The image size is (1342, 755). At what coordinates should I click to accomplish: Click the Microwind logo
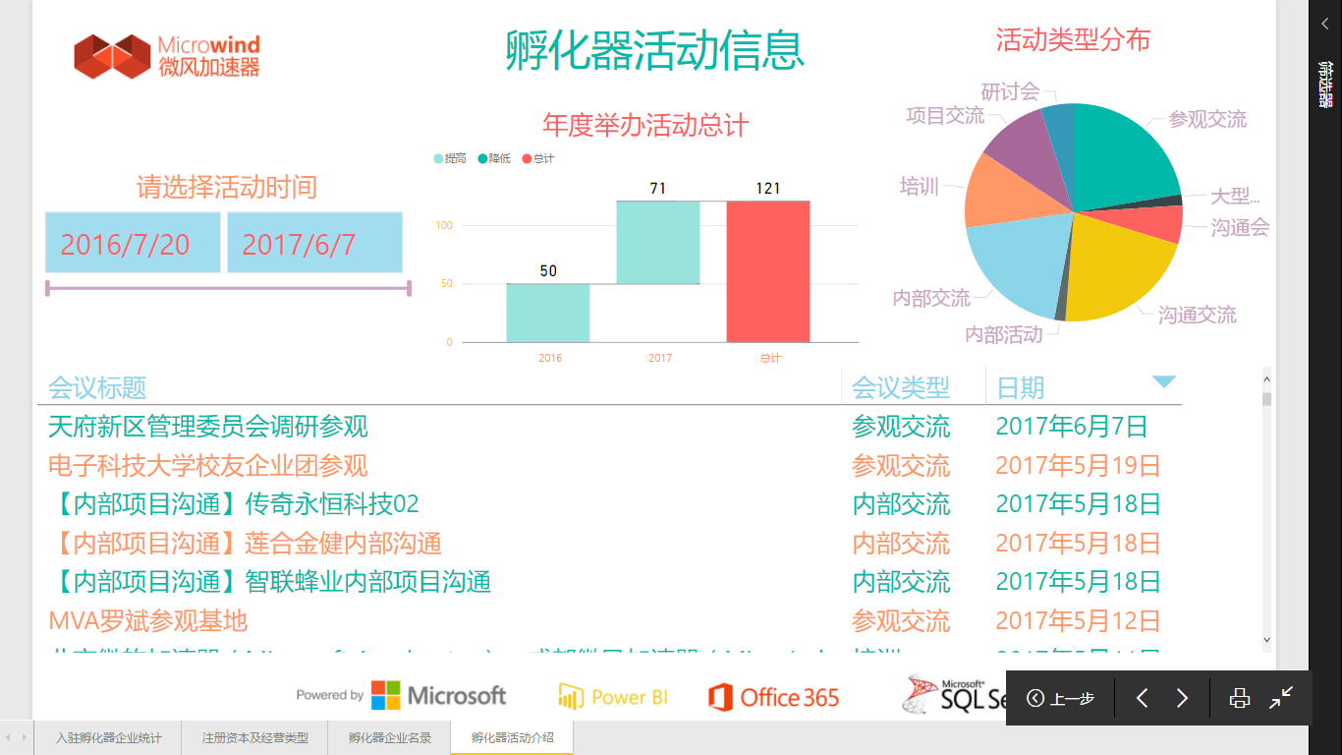coord(167,56)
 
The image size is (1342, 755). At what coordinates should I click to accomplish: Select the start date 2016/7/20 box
coord(133,243)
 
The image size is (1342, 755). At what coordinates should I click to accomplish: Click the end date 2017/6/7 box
coord(314,243)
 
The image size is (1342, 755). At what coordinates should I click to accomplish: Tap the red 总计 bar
coord(768,271)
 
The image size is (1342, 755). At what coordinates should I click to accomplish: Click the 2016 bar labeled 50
coord(548,313)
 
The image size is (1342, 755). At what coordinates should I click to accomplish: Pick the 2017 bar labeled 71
coord(658,242)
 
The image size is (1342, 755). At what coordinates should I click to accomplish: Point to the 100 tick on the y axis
coord(444,226)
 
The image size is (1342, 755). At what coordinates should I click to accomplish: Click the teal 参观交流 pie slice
coord(1125,152)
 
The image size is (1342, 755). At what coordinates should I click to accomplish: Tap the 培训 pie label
coord(920,187)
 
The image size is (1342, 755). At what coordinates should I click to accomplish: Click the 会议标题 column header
coord(97,387)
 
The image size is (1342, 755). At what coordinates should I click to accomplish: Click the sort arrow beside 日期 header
coord(1164,382)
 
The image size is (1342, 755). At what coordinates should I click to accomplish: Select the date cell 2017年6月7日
coord(1072,427)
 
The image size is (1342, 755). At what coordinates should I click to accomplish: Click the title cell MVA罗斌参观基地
coord(148,621)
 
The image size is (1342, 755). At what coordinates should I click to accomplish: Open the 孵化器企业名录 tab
coord(390,737)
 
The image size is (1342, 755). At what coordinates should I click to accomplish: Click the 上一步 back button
coord(1061,698)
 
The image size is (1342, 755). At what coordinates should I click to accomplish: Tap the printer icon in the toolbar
coord(1240,698)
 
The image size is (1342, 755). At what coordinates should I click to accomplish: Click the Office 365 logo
coord(774,697)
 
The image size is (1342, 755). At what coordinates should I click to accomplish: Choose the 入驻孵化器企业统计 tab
coord(108,737)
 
